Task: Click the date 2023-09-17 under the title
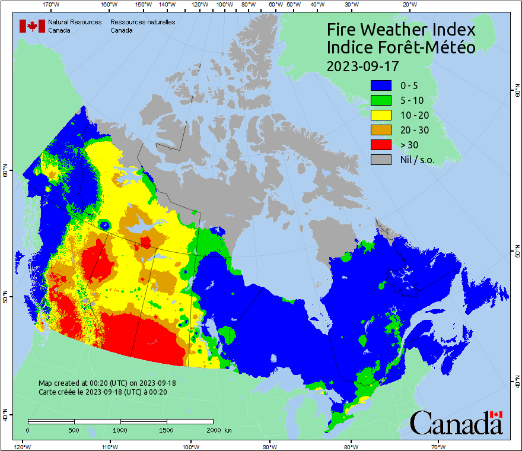362,65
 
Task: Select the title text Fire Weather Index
401,30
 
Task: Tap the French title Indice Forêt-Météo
401,47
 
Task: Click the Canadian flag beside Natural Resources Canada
32,26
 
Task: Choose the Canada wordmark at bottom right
456,423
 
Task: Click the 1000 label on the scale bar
120,430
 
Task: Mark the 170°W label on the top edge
52,4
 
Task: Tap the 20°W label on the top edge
408,4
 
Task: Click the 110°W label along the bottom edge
109,446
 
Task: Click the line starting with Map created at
107,383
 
